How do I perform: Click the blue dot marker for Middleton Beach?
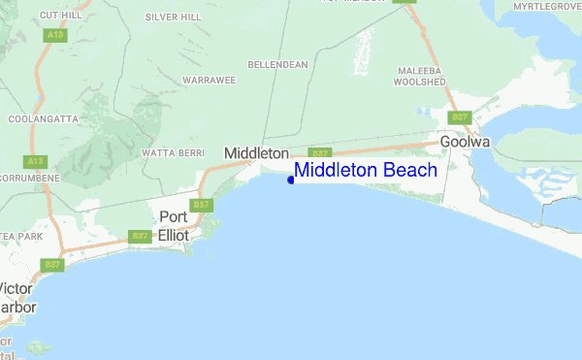291,180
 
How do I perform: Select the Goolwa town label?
465,142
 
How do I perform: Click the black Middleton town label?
256,153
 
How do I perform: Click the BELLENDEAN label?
279,64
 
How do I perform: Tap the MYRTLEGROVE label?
546,6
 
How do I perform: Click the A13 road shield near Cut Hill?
54,35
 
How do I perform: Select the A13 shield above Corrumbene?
36,161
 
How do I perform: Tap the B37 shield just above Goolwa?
459,117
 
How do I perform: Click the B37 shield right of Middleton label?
321,153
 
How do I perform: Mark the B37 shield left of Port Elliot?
140,236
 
